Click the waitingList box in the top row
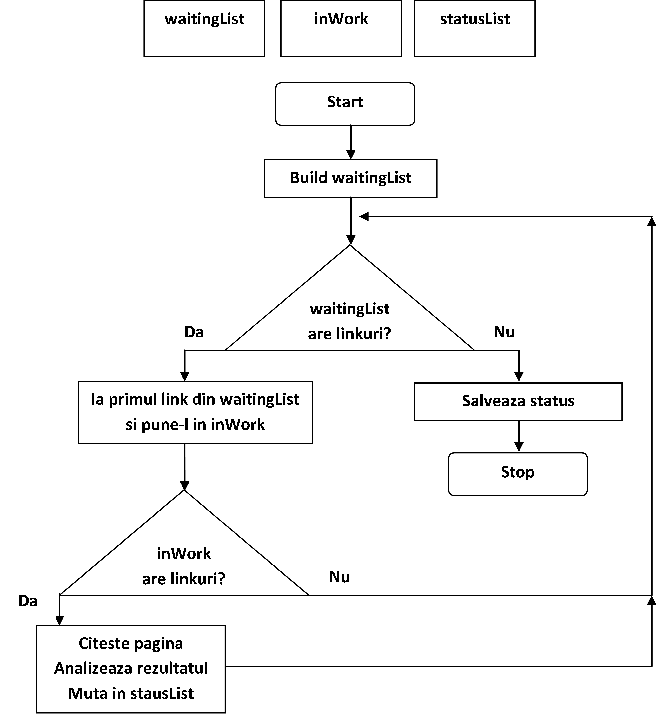(204, 28)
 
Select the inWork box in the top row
(341, 28)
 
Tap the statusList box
(475, 28)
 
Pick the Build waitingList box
(350, 178)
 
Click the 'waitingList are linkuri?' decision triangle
(350, 319)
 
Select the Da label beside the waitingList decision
(194, 332)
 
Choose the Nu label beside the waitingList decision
(504, 332)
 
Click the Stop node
(518, 474)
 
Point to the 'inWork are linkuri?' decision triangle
(184, 565)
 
